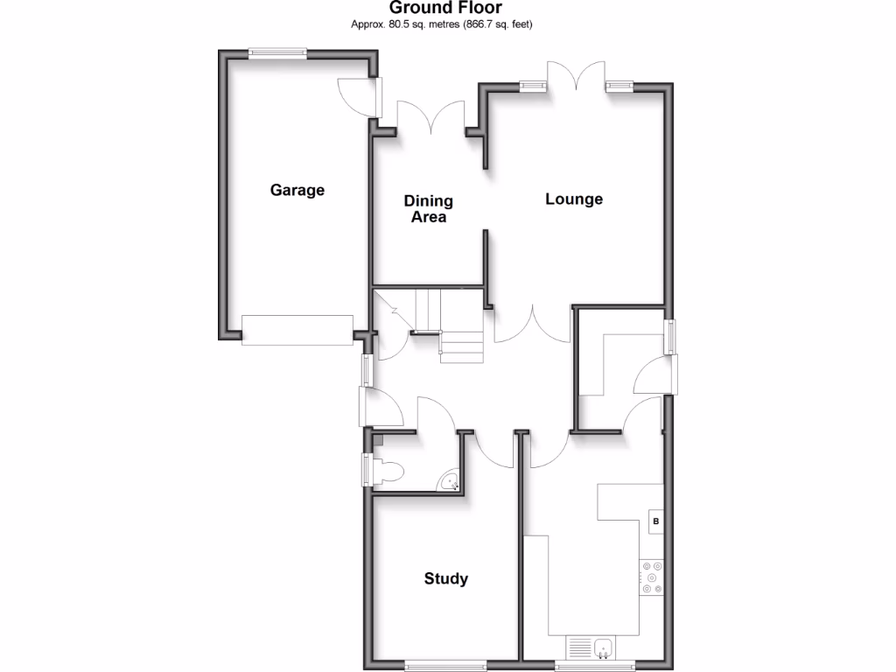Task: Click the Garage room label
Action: (297, 190)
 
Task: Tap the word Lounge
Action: (574, 199)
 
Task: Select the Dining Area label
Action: (428, 209)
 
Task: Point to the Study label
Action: (446, 578)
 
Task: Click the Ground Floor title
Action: (446, 9)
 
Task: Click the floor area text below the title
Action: (442, 24)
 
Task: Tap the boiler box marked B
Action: (655, 522)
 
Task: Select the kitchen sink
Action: (602, 648)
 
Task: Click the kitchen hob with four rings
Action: (652, 577)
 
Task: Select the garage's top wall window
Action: (276, 54)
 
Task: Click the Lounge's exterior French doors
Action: (577, 78)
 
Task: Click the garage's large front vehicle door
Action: (297, 329)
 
